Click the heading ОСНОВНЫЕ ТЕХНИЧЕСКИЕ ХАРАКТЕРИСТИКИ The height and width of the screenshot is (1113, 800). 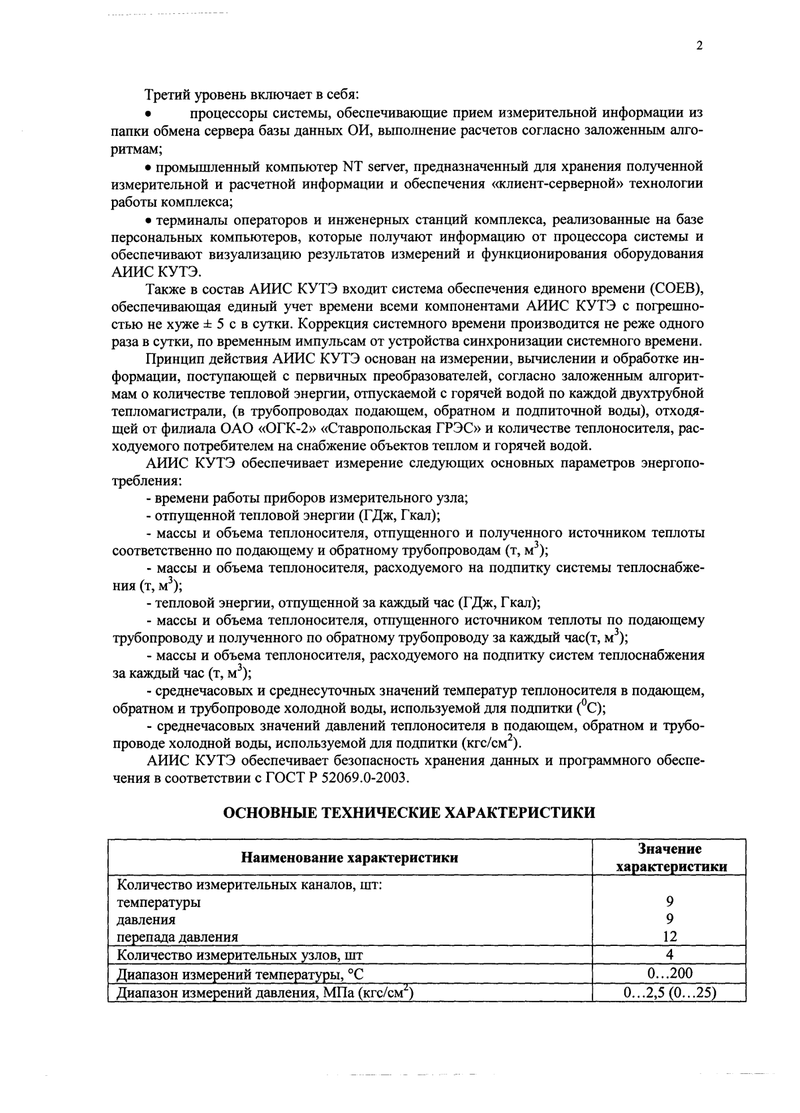click(408, 813)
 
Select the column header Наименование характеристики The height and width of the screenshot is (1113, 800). click(349, 858)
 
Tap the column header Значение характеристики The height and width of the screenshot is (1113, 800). click(670, 858)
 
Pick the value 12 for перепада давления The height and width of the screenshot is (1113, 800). click(669, 937)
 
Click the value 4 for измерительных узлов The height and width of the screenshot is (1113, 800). click(669, 955)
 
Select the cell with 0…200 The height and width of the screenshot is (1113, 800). click(669, 973)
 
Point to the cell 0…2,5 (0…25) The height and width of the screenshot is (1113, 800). click(669, 992)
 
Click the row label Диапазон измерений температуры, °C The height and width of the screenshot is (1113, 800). click(241, 974)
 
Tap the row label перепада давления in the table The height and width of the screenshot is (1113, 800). click(178, 937)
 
